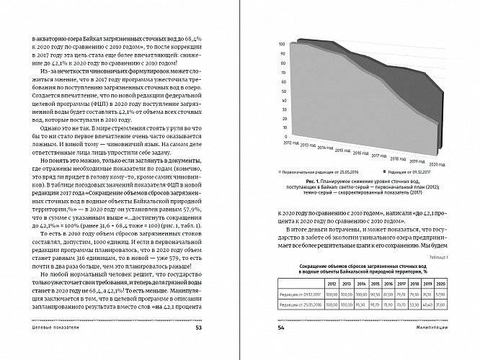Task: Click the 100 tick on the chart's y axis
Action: tap(280, 45)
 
